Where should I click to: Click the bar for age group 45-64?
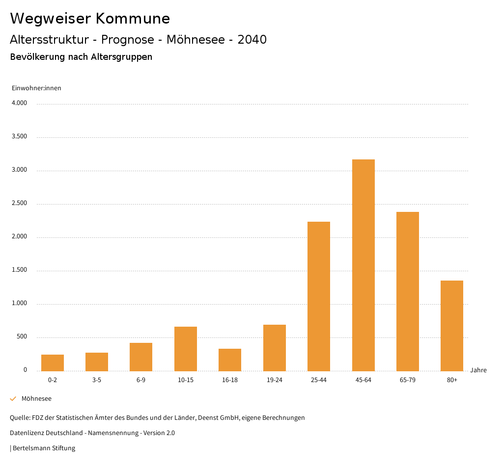coord(363,265)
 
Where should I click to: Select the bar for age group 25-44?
coord(319,296)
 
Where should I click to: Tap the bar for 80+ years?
coord(452,326)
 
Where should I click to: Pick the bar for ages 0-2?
coord(53,362)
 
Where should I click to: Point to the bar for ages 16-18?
coord(230,360)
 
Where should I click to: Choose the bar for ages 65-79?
coord(408,291)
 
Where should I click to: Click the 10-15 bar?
coord(186,349)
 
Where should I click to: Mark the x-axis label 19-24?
coord(275,380)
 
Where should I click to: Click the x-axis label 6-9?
coord(141,380)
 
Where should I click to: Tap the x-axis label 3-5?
coord(97,380)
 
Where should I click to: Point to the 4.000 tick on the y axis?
coord(19,103)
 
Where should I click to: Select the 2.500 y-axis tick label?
coord(19,203)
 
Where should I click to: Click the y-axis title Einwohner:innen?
coord(36,88)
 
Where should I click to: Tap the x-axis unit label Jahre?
coord(478,370)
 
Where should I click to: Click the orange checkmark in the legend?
coord(13,399)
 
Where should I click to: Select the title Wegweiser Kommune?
coord(90,18)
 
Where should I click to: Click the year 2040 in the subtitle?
coord(252,39)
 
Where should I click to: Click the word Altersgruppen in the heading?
coord(121,57)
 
